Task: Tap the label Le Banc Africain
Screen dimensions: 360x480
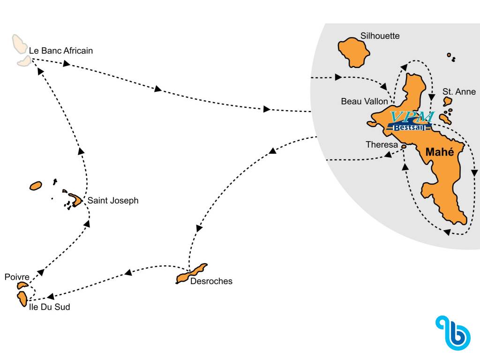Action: point(61,51)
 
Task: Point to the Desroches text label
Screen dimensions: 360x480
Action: point(211,281)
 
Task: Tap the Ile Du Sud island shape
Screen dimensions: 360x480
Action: point(22,299)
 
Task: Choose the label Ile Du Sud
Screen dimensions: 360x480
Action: point(50,307)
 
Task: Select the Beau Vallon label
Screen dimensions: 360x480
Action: point(364,101)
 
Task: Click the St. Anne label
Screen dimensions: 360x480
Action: point(459,92)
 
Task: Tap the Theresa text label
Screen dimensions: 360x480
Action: point(382,145)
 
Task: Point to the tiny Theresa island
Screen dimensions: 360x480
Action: point(403,147)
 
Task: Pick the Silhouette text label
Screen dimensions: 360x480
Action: point(380,36)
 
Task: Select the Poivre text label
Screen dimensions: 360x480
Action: point(17,277)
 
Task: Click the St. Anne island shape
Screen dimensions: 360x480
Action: point(447,101)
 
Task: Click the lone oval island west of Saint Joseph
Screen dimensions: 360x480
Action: point(36,186)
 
